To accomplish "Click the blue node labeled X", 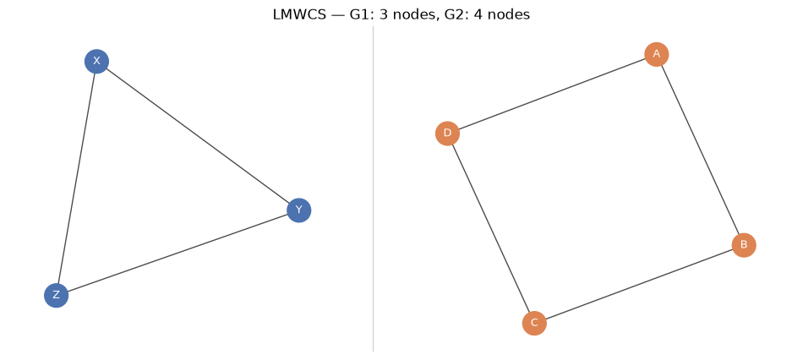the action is click(96, 62).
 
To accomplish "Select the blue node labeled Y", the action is click(299, 210).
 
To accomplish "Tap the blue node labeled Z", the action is click(57, 296).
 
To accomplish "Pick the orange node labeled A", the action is click(657, 54).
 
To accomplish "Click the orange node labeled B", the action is click(744, 245).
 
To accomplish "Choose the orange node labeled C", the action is click(535, 323).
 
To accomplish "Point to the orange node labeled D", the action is click(448, 134).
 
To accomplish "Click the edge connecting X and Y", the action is click(198, 136).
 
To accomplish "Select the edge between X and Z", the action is click(76, 178).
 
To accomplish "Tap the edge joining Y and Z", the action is click(178, 253).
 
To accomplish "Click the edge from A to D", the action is click(552, 94).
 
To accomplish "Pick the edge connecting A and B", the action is click(700, 150).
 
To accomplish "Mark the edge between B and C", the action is click(639, 284).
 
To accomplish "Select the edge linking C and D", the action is click(491, 228).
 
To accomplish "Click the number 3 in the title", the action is click(383, 15).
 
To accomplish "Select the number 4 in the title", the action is click(468, 15).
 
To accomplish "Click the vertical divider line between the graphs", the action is click(374, 189).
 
